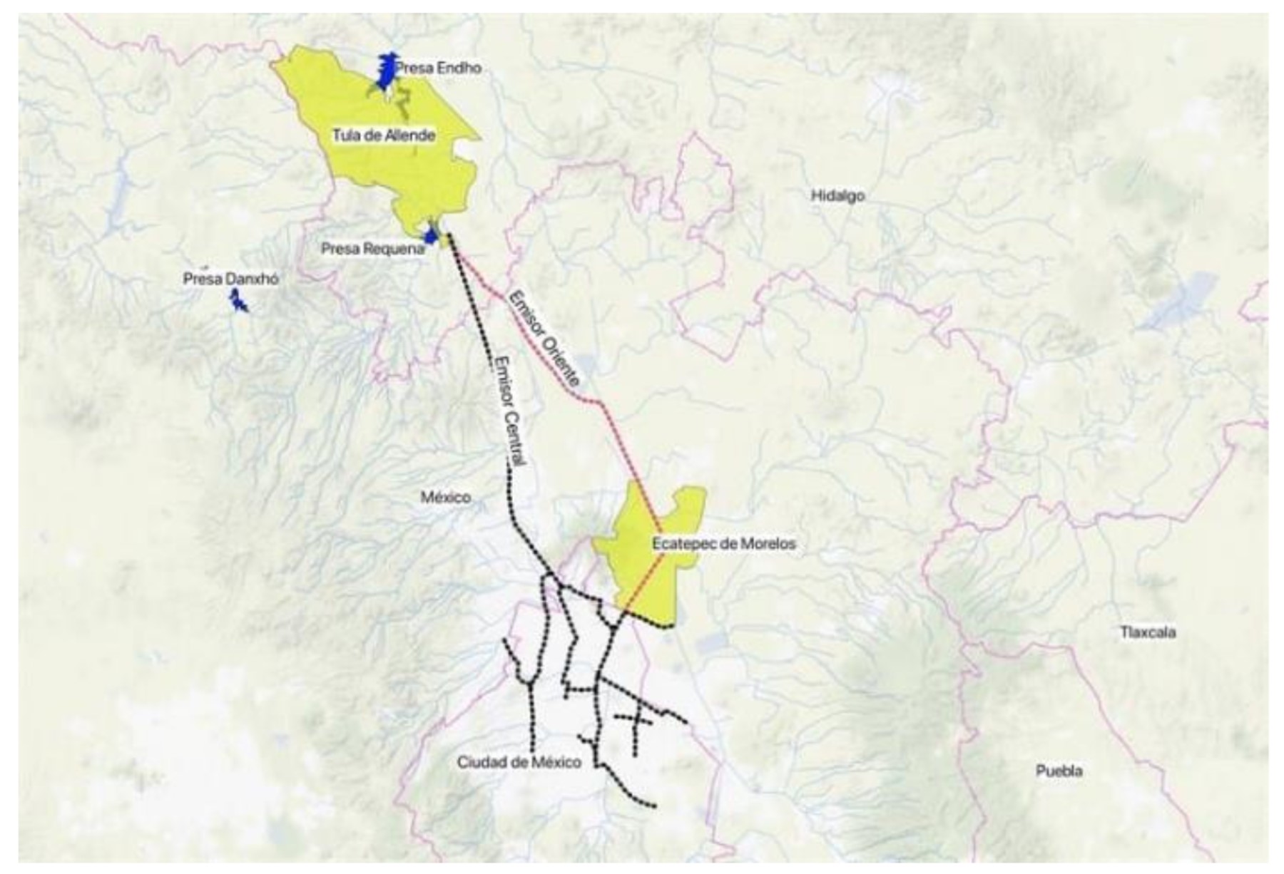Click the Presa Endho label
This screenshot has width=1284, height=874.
click(438, 68)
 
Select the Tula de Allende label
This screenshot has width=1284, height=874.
click(384, 135)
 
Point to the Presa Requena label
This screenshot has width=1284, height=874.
click(372, 250)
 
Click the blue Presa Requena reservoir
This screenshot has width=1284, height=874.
click(430, 235)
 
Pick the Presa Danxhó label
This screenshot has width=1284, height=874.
click(230, 279)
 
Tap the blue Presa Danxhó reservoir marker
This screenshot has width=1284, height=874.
click(238, 304)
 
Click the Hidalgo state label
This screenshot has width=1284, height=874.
click(837, 195)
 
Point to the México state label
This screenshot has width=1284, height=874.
click(445, 497)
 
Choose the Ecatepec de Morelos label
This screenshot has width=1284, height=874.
click(723, 544)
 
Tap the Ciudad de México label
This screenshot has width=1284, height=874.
click(519, 763)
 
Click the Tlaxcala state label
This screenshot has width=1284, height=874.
click(1147, 632)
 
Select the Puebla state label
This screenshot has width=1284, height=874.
click(1059, 771)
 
